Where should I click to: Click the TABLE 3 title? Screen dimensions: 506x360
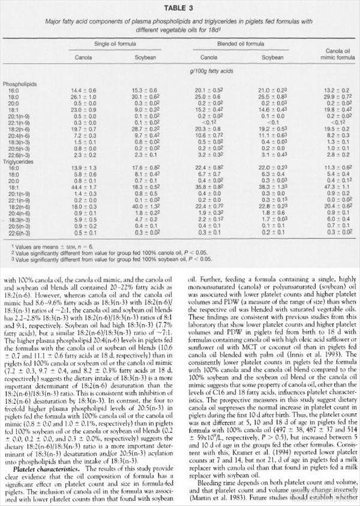point(179,7)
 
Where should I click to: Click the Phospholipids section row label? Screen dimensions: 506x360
point(20,83)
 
